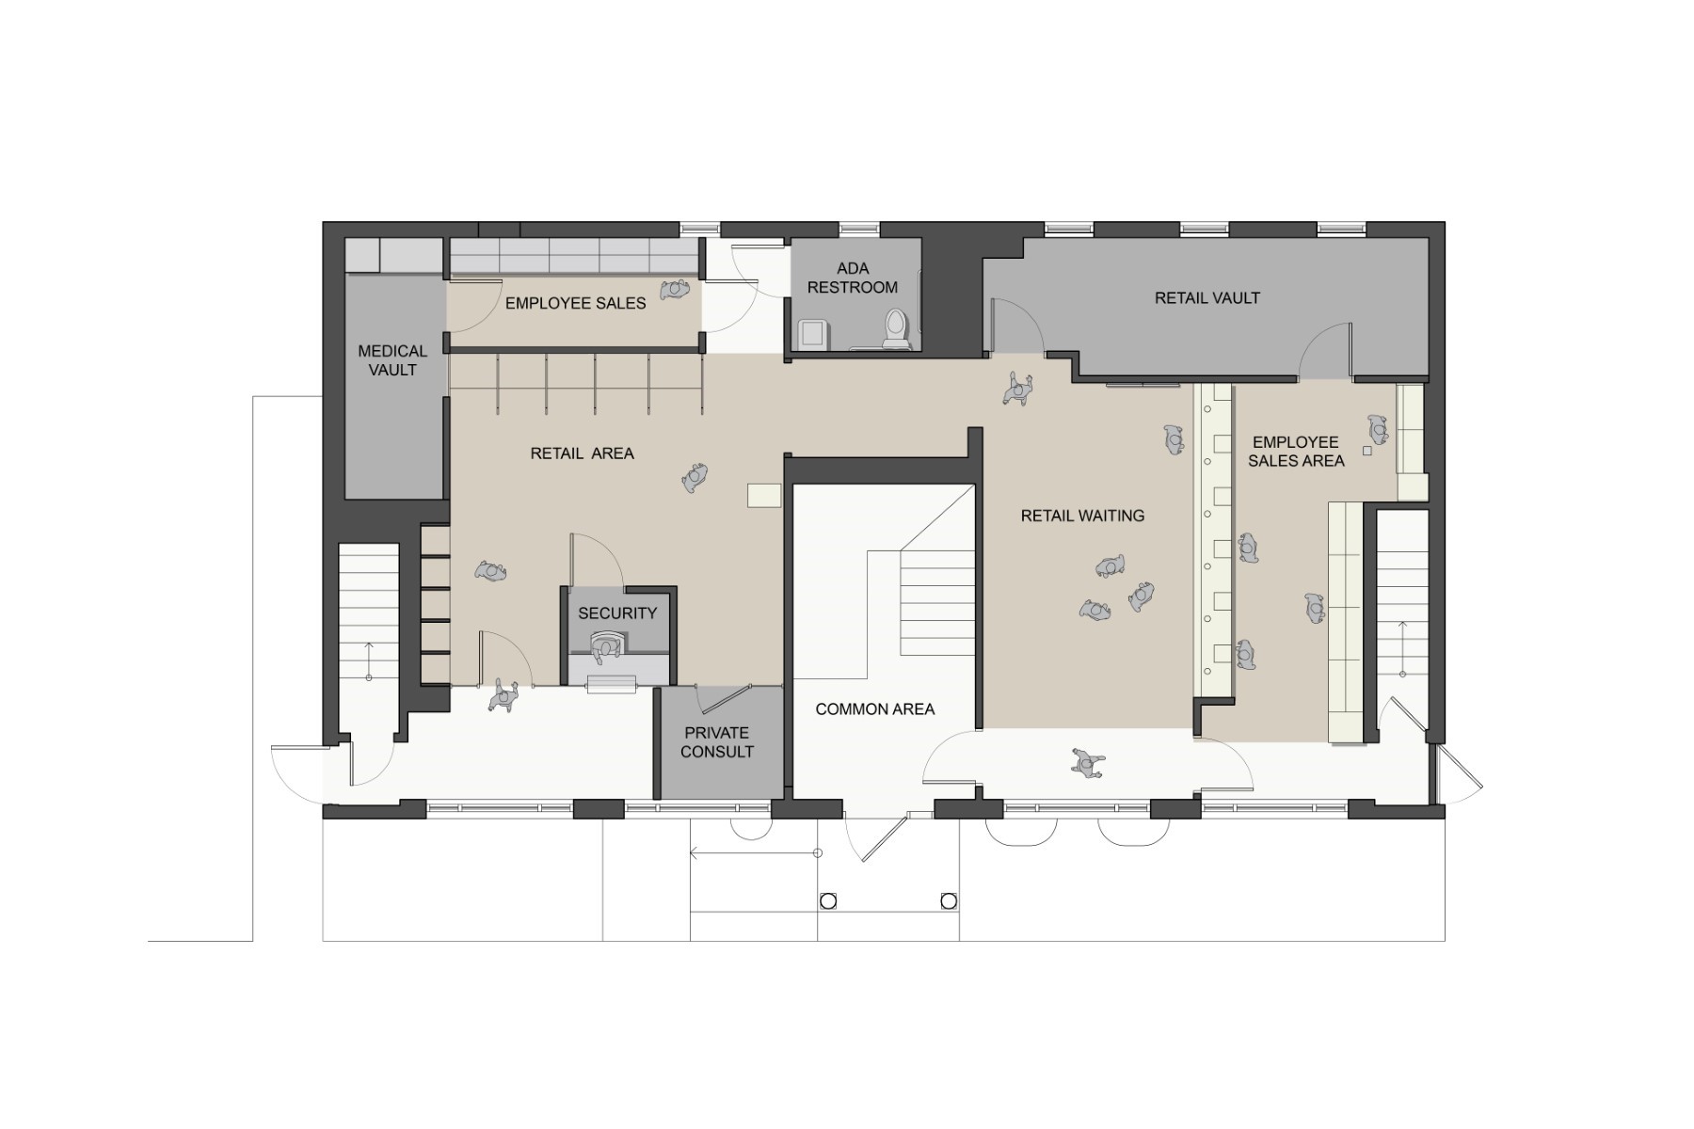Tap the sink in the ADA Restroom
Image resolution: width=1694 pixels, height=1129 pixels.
click(811, 333)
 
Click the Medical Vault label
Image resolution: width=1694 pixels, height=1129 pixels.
click(392, 360)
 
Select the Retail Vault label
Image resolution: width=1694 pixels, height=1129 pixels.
click(1207, 298)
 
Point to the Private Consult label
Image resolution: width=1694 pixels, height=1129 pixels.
click(717, 742)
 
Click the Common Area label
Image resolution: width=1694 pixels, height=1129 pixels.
click(874, 709)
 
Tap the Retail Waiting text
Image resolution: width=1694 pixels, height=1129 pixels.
click(1082, 516)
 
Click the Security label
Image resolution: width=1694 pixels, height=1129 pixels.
click(617, 613)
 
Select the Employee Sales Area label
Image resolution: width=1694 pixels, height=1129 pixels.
click(1296, 452)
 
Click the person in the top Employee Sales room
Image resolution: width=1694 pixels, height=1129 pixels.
click(675, 290)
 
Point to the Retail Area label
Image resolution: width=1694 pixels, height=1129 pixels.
click(582, 453)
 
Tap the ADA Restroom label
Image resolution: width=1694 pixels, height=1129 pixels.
click(853, 278)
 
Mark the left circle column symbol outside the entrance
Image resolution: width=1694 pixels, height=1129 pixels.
click(828, 901)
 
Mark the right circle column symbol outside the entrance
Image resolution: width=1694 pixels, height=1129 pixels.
click(949, 901)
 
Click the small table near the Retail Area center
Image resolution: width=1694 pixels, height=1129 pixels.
click(764, 495)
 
